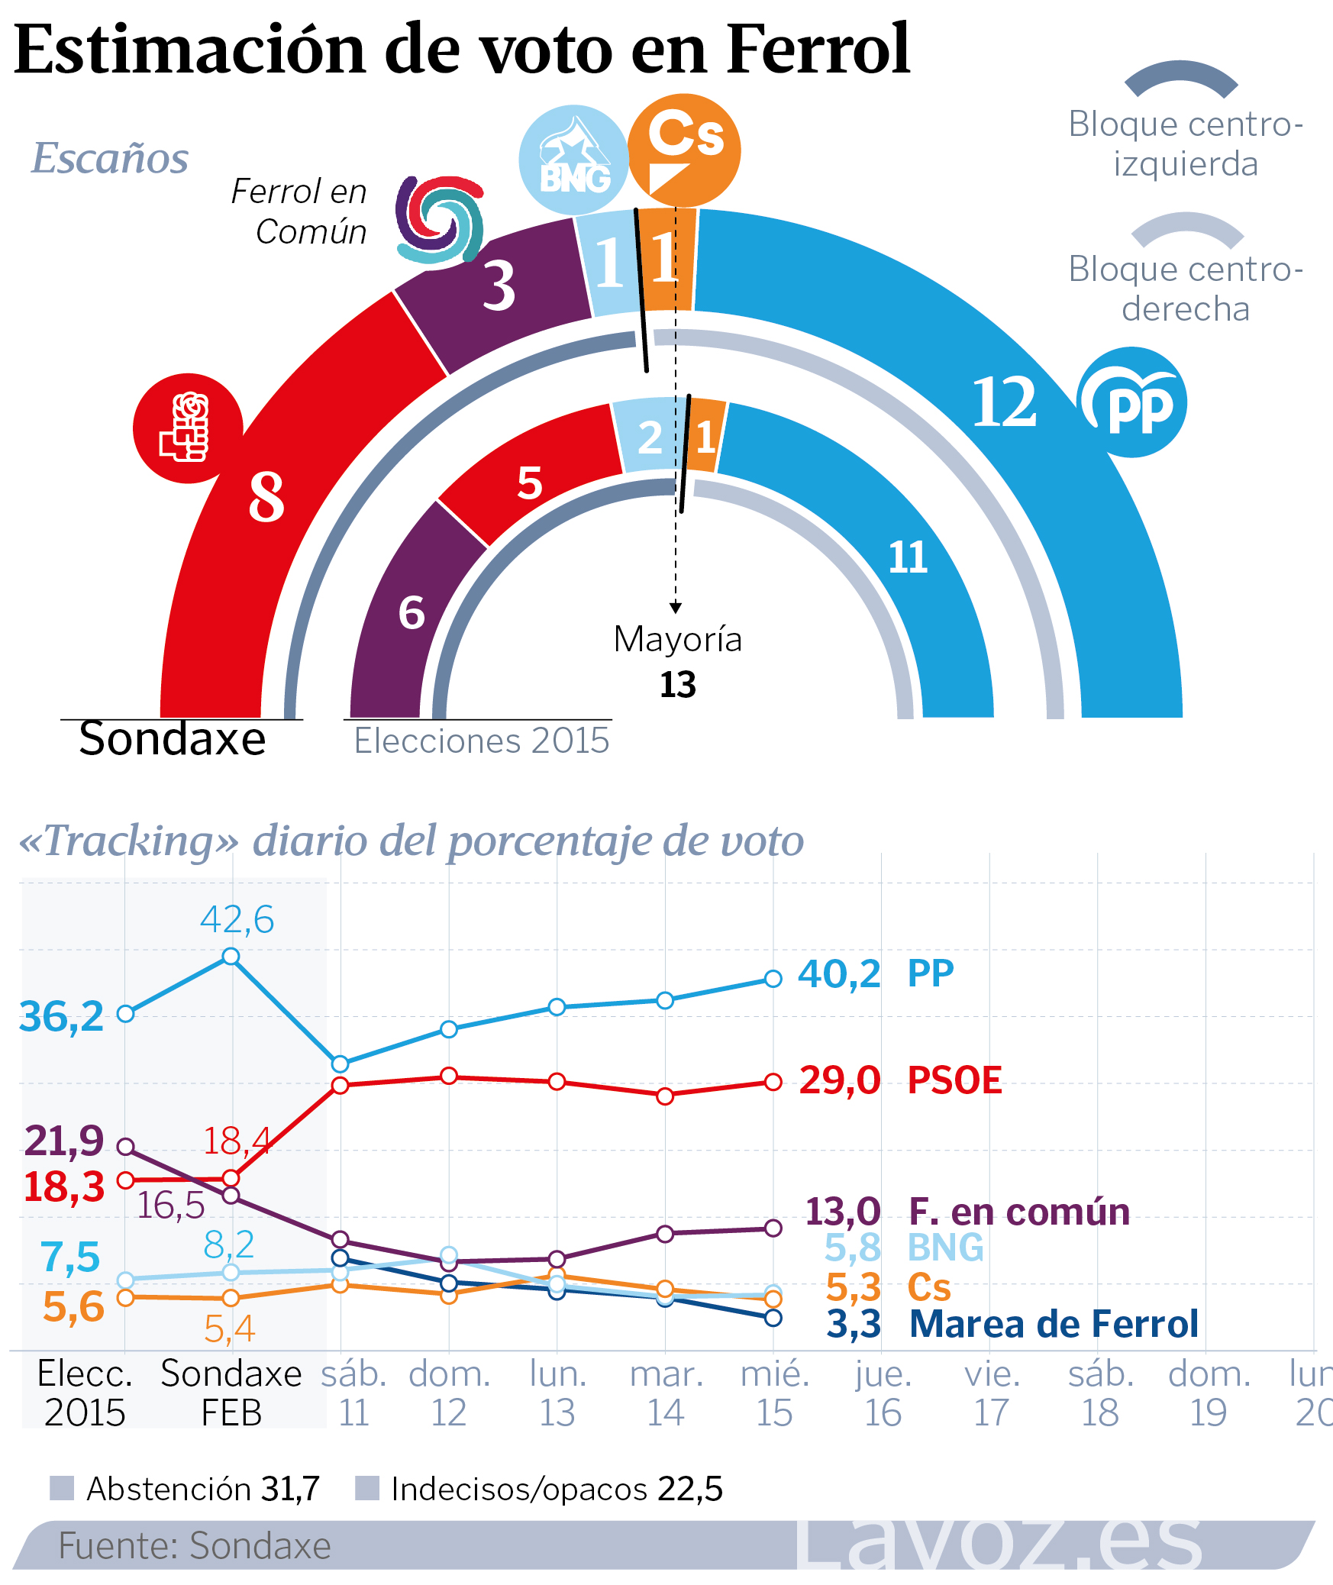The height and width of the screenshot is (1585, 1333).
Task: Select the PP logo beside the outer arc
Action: tap(1132, 402)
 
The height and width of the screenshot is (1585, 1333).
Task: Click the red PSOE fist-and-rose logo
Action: tap(188, 428)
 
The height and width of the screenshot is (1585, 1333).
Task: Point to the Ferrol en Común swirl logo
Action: tap(440, 220)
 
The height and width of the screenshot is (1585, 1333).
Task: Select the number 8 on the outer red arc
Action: tap(266, 497)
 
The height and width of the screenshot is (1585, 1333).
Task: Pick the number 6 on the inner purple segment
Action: tap(412, 613)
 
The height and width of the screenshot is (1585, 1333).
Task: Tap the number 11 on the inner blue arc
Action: tap(908, 557)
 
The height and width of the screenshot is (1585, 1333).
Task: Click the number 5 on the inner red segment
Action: tap(530, 483)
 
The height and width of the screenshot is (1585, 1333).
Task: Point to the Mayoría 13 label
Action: tap(677, 661)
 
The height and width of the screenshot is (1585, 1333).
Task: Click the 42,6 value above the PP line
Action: tap(237, 919)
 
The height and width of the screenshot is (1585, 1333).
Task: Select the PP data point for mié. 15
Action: tap(773, 979)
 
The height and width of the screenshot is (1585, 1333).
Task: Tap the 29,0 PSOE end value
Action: tap(839, 1080)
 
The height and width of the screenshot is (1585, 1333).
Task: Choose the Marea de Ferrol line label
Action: tap(1054, 1324)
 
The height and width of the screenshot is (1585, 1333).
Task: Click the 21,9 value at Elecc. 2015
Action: tap(63, 1141)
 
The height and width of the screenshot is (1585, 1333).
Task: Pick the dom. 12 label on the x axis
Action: tap(449, 1393)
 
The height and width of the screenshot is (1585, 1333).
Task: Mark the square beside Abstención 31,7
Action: tap(62, 1488)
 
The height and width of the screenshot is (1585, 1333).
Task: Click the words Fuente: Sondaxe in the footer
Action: tap(195, 1545)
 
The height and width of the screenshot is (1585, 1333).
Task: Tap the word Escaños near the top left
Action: tap(110, 158)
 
